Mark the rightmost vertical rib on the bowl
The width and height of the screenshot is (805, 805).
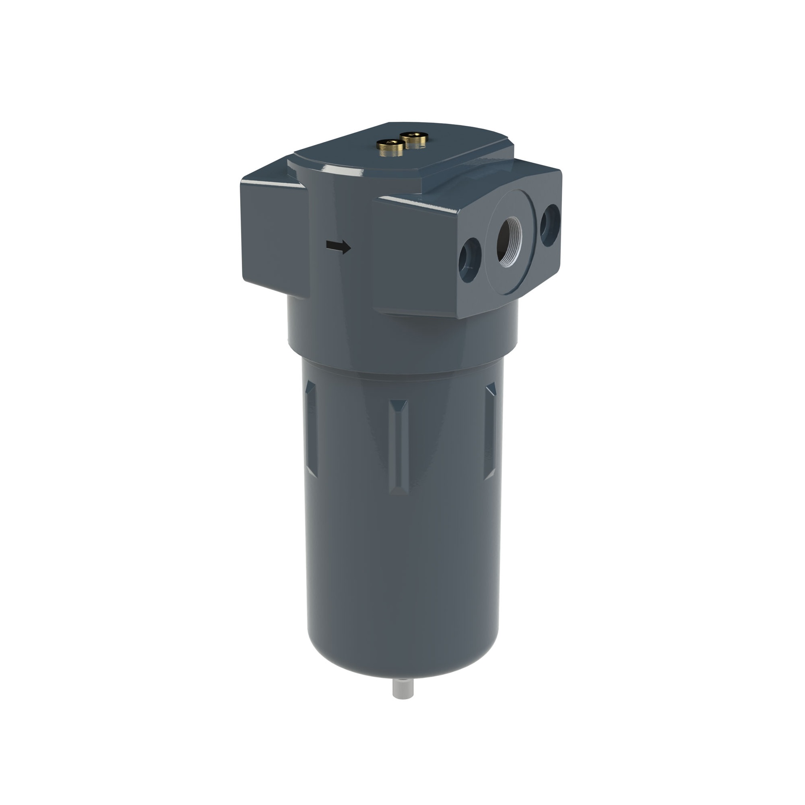(491, 432)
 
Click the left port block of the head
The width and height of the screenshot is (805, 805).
(273, 239)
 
